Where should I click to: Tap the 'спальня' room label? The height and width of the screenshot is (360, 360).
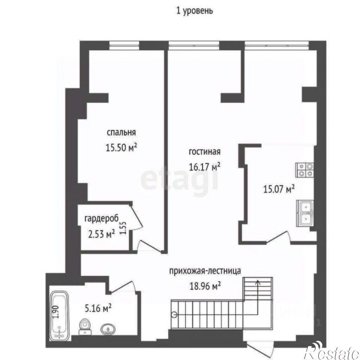pos(121,133)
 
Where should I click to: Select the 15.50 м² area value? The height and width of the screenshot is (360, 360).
pos(122,147)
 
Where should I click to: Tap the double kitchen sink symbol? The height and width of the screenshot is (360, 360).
pos(306,213)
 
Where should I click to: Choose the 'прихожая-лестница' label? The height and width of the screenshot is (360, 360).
pos(205,271)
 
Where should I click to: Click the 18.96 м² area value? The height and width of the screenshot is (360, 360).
pos(205,286)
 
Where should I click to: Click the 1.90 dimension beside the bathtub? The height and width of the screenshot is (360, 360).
pos(56,311)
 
